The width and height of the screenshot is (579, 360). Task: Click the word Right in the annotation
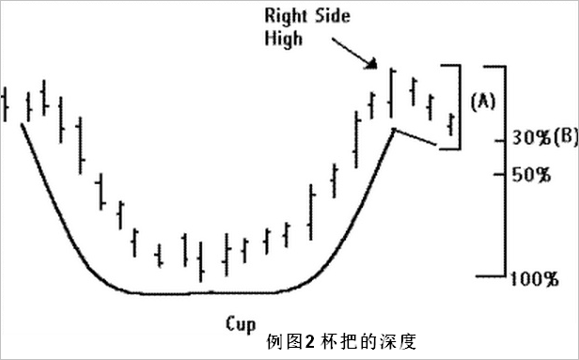click(286, 17)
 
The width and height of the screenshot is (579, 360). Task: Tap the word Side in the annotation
click(333, 16)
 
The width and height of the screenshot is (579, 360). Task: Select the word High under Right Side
click(283, 39)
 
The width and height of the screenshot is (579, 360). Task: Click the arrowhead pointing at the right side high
click(371, 64)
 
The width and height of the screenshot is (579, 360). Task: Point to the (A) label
click(483, 101)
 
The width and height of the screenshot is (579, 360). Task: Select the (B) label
click(565, 136)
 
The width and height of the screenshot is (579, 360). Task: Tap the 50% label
click(531, 175)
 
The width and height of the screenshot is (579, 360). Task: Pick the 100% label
click(534, 279)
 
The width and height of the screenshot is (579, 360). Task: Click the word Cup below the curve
click(241, 324)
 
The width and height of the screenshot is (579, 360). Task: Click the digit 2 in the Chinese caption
click(309, 341)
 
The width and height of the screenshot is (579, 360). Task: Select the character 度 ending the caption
click(407, 341)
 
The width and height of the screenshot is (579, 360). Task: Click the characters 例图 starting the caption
click(284, 341)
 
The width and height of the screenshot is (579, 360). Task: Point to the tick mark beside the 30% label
click(500, 141)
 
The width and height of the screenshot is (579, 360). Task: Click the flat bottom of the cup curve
click(207, 293)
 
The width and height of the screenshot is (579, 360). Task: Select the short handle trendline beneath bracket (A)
click(415, 136)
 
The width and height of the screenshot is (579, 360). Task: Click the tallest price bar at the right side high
click(391, 93)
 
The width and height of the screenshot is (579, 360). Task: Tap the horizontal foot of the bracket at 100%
click(491, 275)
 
